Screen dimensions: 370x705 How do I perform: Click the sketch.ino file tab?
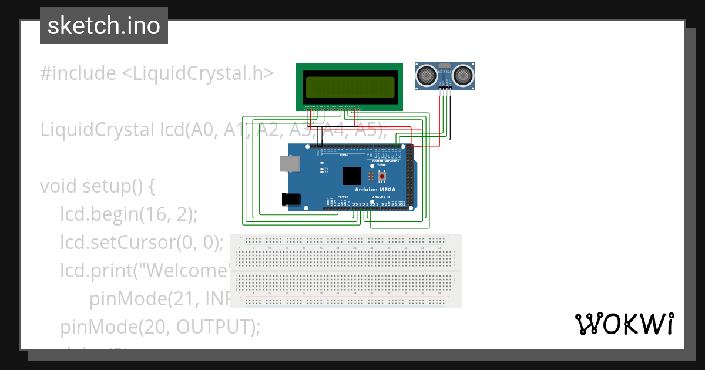click(104, 26)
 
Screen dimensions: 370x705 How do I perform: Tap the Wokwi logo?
click(624, 324)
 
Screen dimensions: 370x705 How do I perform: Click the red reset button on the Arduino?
click(382, 176)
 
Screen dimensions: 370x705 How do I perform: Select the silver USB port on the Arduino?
click(288, 164)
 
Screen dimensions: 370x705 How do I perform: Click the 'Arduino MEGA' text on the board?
click(375, 190)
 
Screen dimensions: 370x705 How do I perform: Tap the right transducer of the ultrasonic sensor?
click(464, 75)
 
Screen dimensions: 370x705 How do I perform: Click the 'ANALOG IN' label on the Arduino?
click(380, 197)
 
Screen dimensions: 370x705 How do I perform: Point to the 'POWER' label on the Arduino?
click(343, 197)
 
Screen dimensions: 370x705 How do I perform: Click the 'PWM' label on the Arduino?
click(344, 156)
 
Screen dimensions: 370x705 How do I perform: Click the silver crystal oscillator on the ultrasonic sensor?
click(445, 66)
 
